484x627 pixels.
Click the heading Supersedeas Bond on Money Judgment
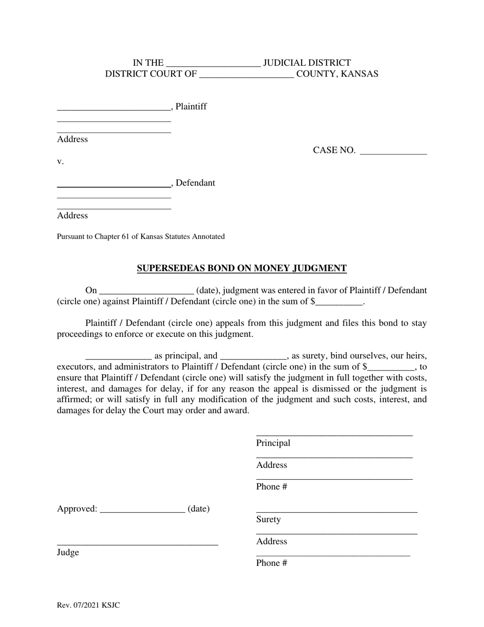(241, 268)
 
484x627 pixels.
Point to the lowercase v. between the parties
(60, 162)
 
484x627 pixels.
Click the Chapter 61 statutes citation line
(141, 237)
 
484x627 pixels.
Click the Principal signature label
(273, 443)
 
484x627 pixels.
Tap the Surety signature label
(268, 519)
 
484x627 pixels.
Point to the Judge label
(68, 552)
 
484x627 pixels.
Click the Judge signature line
(138, 544)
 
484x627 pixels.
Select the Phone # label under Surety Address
(272, 563)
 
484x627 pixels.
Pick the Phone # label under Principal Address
(272, 486)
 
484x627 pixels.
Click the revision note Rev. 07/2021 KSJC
(89, 606)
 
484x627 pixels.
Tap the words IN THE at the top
(148, 63)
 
